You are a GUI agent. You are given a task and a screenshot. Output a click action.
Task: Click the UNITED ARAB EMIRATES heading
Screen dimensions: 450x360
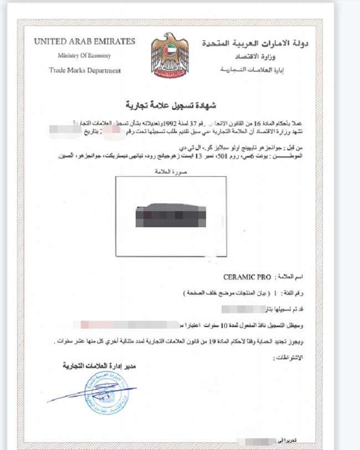click(84, 42)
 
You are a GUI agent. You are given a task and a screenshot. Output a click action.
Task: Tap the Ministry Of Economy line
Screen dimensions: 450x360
click(84, 55)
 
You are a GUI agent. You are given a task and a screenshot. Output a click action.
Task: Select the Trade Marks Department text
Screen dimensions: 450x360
click(84, 70)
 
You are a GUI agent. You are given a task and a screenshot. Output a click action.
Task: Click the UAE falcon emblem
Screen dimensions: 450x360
click(169, 55)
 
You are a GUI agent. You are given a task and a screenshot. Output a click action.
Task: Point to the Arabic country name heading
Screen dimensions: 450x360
click(255, 43)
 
